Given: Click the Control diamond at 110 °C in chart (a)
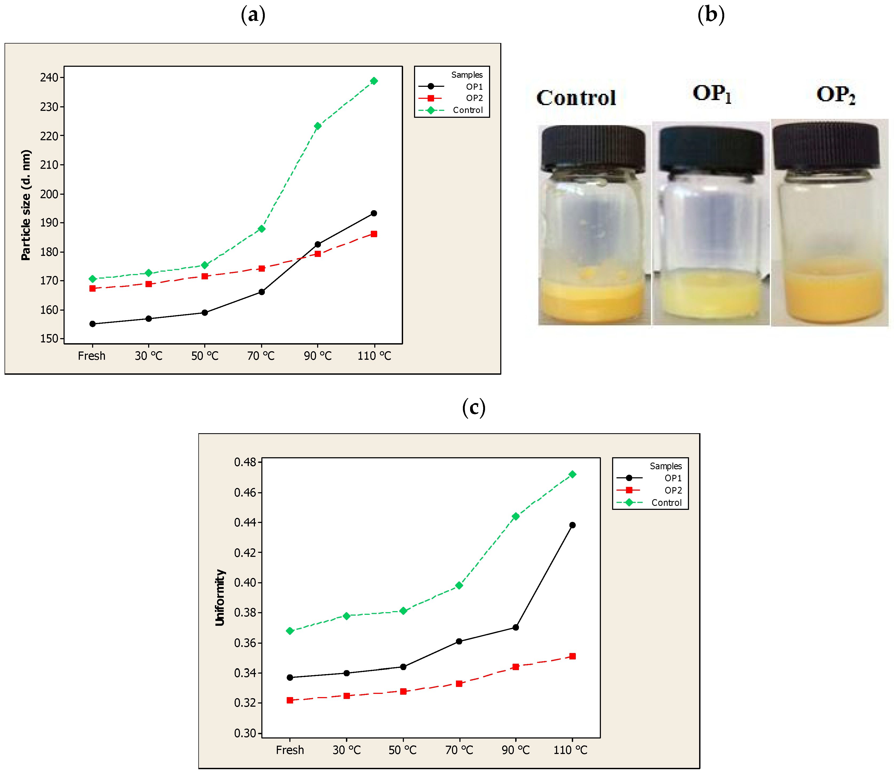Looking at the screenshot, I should pos(374,81).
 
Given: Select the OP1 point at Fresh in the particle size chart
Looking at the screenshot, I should pos(92,324).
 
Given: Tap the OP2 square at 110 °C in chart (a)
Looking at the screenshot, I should pos(374,234).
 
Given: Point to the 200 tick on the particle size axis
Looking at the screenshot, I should pos(49,194).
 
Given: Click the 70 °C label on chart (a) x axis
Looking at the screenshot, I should pos(261,356).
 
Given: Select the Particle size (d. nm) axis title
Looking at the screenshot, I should pos(26,205).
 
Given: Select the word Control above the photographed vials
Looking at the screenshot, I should pos(576,97).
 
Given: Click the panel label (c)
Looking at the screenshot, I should pos(474,407).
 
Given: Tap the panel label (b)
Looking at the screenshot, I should pos(711,15).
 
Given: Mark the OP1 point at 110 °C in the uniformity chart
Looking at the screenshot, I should pos(572,525).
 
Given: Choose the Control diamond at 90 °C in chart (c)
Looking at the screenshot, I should pos(515,516).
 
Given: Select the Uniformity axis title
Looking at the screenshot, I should pos(220,597).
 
